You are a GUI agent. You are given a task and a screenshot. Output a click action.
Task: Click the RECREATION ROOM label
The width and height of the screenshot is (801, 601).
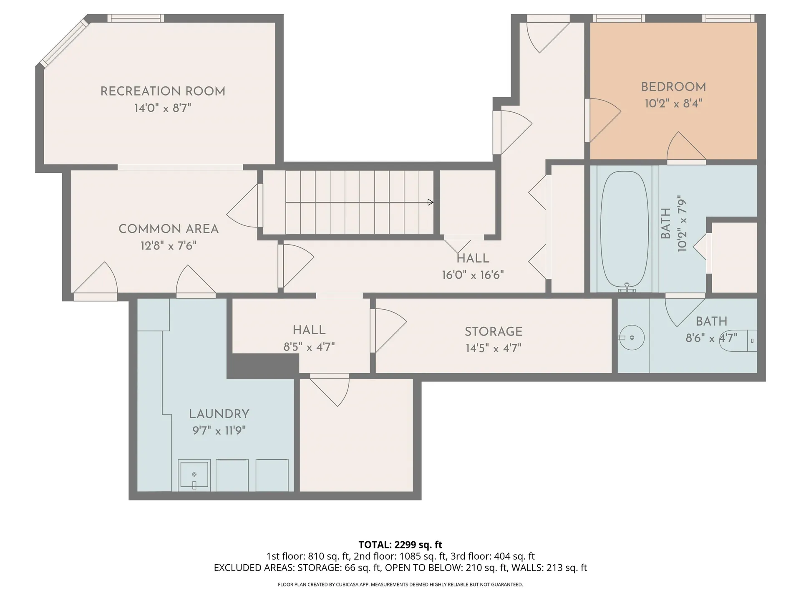tap(163, 91)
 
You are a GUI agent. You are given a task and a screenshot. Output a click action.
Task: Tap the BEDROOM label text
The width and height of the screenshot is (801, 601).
tap(673, 87)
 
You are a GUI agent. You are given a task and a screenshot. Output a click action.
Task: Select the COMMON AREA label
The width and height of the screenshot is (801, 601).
tap(169, 229)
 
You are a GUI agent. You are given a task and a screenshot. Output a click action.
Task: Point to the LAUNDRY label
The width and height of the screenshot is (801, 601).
tap(219, 414)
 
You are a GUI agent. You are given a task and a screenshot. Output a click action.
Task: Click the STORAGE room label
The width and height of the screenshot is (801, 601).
tap(494, 331)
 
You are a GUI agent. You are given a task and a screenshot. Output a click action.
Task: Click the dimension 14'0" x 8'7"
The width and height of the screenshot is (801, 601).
tap(163, 108)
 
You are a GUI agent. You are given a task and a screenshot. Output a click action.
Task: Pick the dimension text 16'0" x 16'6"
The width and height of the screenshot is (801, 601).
tap(473, 275)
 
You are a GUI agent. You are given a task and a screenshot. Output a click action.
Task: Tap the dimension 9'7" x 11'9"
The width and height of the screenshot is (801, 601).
tap(219, 430)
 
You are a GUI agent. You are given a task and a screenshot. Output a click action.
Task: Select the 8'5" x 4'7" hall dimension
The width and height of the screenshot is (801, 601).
tap(309, 347)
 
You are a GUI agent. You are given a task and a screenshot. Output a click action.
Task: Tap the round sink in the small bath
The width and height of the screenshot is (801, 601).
tap(632, 337)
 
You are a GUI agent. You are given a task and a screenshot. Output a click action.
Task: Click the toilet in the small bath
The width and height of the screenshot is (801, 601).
tap(740, 341)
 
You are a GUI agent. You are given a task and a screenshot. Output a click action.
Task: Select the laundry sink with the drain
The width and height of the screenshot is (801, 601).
tap(194, 475)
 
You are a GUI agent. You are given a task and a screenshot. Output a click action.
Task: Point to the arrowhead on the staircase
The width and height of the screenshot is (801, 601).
tap(431, 202)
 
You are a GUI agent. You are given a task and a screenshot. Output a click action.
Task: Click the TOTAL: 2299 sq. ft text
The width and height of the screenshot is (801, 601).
tap(400, 545)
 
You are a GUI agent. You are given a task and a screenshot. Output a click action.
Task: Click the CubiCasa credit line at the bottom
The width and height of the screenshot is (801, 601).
tap(400, 585)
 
